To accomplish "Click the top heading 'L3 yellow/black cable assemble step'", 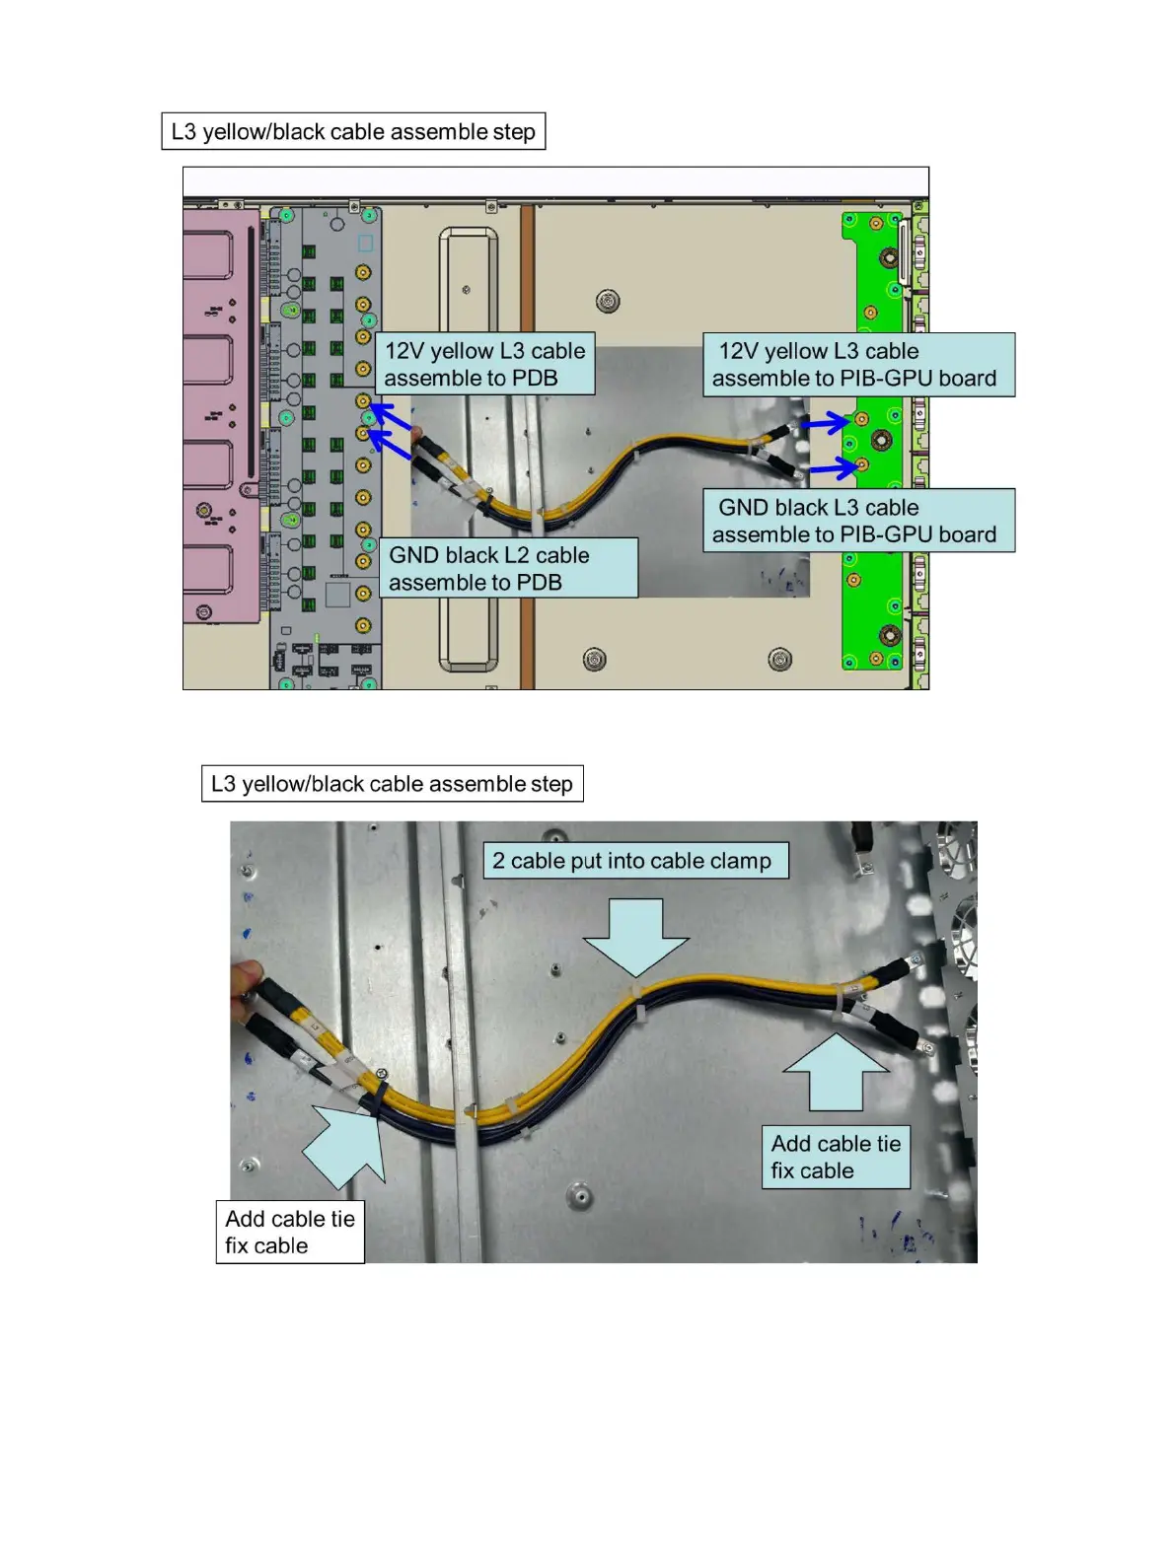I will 353,131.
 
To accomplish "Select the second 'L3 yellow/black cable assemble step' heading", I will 392,784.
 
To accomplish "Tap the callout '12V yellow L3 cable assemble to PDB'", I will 484,364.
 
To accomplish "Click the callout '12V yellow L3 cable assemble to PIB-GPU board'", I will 857,364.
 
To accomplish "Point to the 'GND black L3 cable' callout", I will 857,521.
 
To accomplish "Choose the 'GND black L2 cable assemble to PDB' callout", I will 508,568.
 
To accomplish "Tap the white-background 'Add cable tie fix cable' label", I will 290,1232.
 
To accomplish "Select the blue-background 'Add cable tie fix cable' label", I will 836,1157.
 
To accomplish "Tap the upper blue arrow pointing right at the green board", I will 824,424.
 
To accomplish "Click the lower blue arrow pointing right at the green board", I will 831,468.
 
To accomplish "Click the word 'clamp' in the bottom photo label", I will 739,861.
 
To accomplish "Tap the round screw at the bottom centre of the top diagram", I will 594,659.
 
